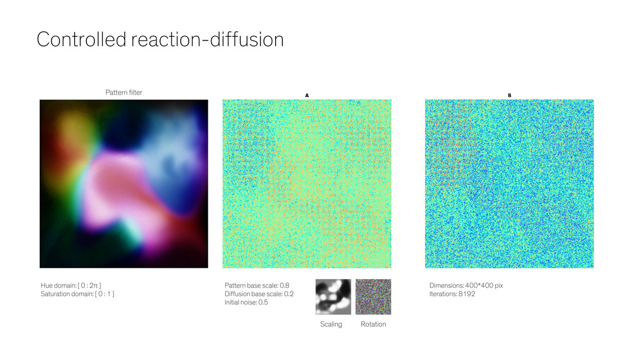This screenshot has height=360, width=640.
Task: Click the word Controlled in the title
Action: (81, 39)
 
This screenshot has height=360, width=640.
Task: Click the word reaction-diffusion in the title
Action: (207, 39)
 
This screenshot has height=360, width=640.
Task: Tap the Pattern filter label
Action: (124, 92)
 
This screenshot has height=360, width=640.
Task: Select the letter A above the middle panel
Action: (307, 95)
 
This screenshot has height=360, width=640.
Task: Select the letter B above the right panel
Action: (509, 95)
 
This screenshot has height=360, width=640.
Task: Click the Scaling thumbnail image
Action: (333, 297)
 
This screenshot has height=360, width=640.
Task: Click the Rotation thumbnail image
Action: (373, 297)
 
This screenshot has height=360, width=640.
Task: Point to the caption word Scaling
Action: (331, 324)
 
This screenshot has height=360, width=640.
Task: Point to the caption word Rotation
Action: (373, 324)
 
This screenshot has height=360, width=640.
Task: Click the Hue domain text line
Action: (71, 285)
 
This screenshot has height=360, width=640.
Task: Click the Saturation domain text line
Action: (77, 294)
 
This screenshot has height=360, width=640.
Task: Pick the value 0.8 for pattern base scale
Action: (285, 285)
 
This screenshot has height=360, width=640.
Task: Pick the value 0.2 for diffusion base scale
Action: (289, 294)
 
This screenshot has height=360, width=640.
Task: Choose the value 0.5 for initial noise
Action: (263, 303)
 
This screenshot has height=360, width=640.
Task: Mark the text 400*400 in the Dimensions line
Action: (479, 285)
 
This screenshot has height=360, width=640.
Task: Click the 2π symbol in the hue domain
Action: (93, 285)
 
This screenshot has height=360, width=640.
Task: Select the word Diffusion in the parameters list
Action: (236, 294)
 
